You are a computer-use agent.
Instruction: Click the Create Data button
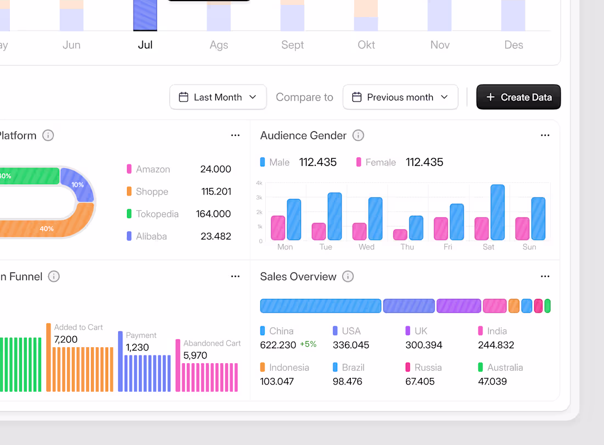point(518,97)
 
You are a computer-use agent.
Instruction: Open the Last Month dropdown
point(218,97)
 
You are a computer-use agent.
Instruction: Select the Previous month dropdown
point(400,97)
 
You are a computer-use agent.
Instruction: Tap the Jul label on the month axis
point(145,45)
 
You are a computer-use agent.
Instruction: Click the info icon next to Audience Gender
point(359,135)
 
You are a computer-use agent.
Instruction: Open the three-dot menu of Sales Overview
point(545,276)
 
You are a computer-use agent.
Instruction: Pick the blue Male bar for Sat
point(497,212)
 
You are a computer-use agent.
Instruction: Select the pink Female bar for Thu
point(400,235)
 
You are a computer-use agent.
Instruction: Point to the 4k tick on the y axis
point(259,183)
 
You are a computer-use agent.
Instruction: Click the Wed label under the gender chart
point(366,247)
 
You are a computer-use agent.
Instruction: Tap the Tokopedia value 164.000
point(214,214)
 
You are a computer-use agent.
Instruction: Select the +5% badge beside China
point(308,344)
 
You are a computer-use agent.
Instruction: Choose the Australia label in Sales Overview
point(505,368)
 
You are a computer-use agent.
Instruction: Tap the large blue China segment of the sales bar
point(321,306)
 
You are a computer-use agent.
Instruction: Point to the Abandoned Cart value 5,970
point(195,355)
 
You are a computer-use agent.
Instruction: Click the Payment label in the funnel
point(141,335)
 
